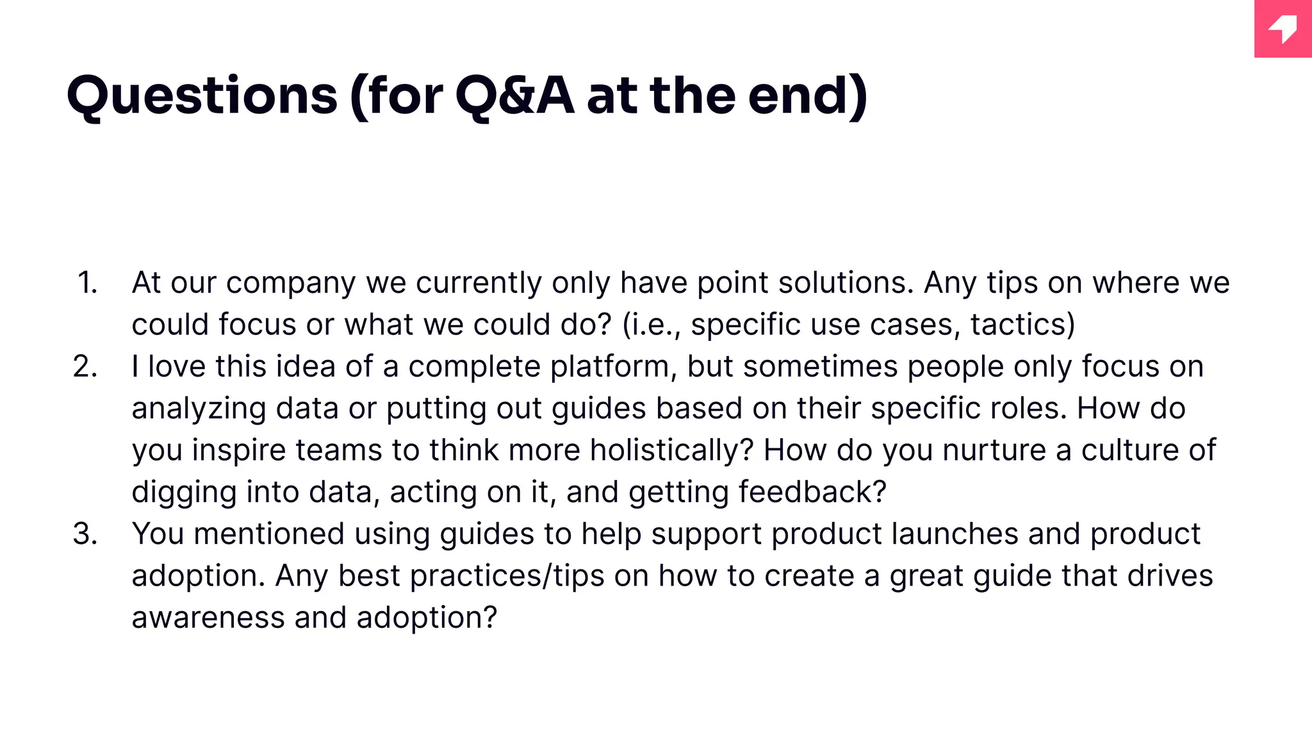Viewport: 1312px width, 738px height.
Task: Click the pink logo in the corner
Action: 1283,29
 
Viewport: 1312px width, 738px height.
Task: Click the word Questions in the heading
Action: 202,96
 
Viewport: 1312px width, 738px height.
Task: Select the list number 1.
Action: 87,283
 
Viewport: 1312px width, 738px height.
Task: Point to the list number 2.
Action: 85,366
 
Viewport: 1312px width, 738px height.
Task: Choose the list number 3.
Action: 85,534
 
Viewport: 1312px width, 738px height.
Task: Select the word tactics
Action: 1022,324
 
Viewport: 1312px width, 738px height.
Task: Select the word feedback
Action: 812,492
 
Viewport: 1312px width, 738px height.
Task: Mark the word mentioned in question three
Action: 269,534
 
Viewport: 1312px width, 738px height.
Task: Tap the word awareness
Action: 208,618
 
